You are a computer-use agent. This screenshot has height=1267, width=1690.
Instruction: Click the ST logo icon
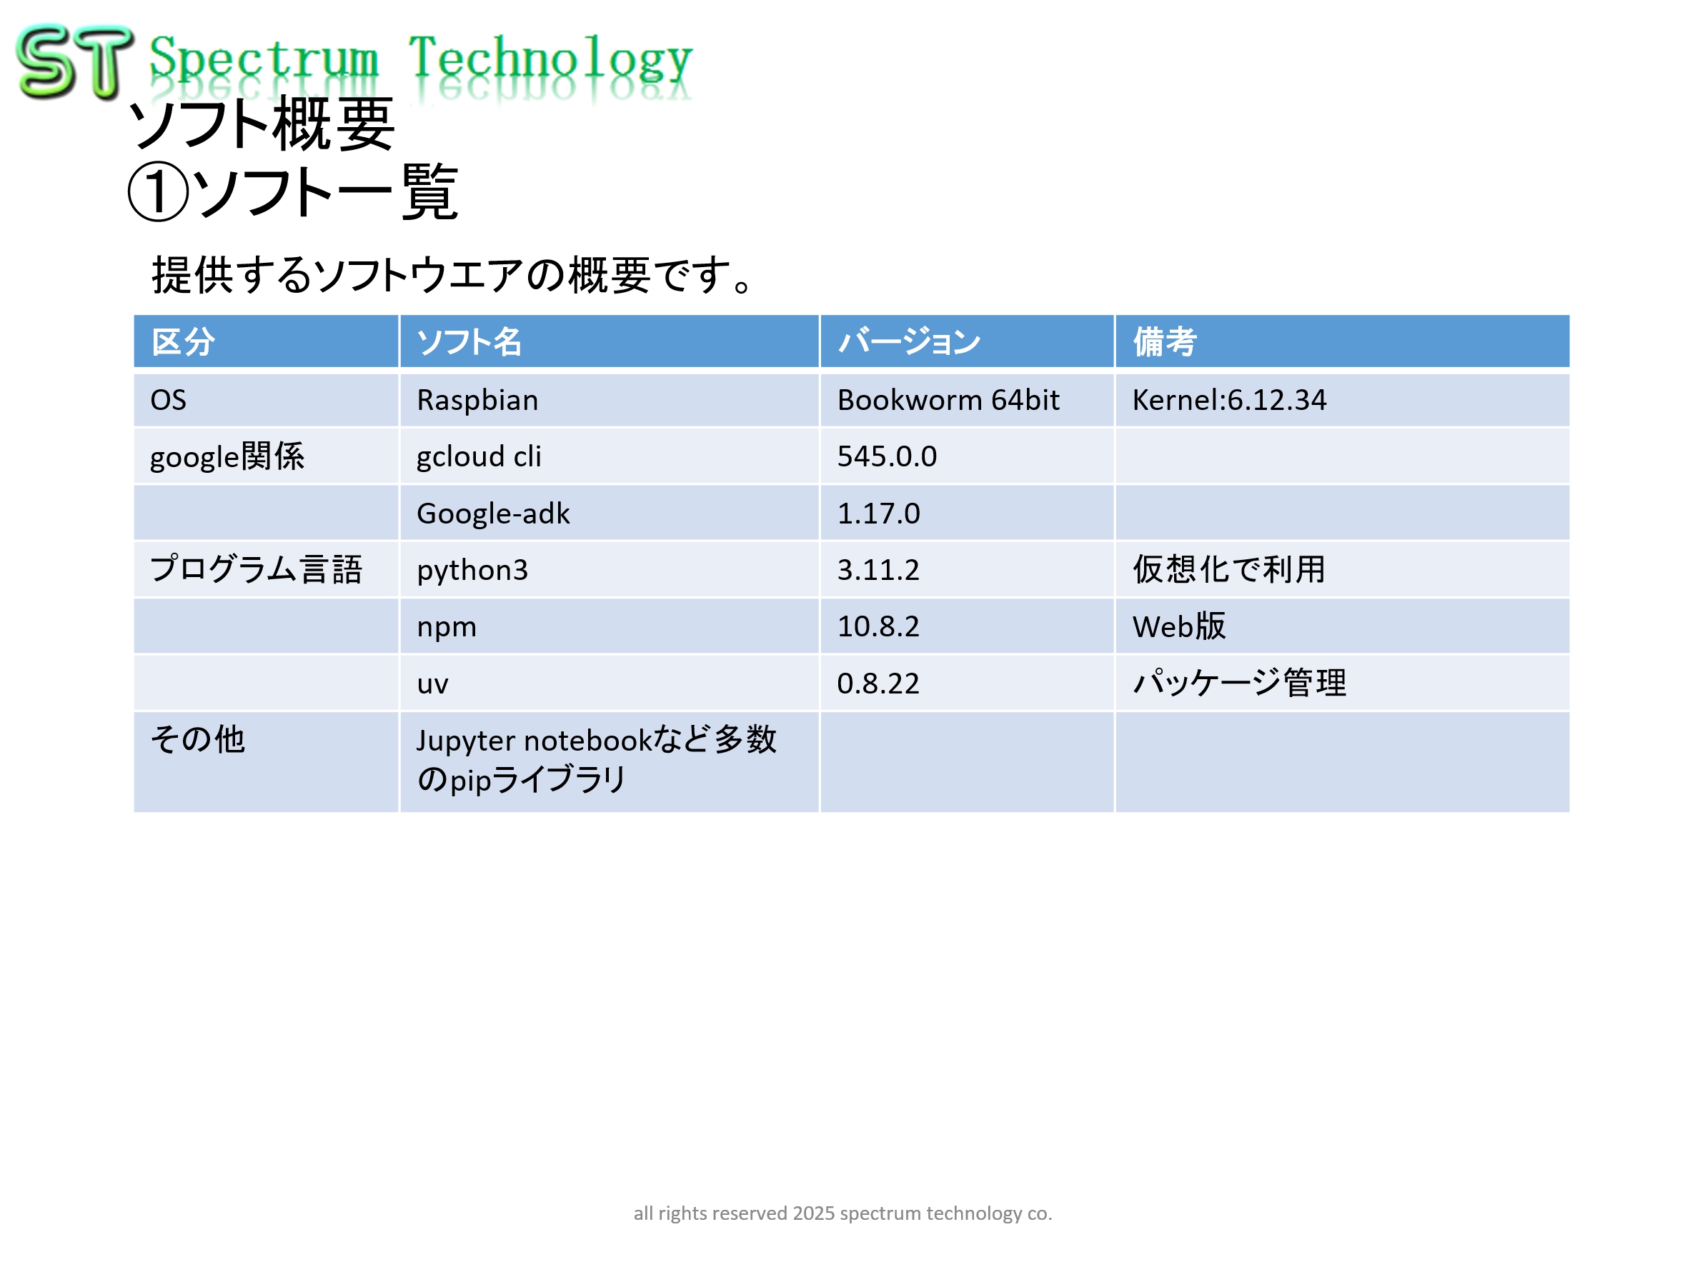(74, 61)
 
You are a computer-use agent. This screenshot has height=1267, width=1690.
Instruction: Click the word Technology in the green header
(550, 59)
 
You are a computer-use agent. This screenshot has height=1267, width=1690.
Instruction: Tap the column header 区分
(184, 341)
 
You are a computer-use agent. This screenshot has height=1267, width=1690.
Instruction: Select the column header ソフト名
(469, 341)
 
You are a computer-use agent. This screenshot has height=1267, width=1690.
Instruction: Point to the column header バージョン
(909, 341)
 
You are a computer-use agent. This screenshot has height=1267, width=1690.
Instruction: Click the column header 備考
(1164, 341)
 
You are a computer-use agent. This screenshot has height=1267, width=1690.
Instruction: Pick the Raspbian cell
(477, 400)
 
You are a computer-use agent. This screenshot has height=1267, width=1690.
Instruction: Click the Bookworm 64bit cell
(948, 400)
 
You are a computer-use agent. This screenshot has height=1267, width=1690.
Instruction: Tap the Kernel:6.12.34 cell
(1229, 400)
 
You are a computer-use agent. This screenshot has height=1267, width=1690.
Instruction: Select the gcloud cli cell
(479, 456)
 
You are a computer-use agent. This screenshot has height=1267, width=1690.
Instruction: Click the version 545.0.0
(887, 456)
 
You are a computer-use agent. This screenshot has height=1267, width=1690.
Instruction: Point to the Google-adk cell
(493, 514)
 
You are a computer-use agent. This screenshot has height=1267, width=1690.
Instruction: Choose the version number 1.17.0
(879, 514)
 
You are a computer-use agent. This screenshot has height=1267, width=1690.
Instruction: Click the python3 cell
(472, 571)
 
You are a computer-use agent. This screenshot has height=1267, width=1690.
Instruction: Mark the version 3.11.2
(879, 570)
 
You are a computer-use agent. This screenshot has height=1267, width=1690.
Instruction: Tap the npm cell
(446, 628)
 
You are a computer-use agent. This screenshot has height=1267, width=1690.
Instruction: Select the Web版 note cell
(1179, 626)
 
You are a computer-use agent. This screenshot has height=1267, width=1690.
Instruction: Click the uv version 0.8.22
(879, 683)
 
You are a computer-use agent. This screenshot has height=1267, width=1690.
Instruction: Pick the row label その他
(198, 739)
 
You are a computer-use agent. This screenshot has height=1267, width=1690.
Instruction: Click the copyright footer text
(842, 1213)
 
